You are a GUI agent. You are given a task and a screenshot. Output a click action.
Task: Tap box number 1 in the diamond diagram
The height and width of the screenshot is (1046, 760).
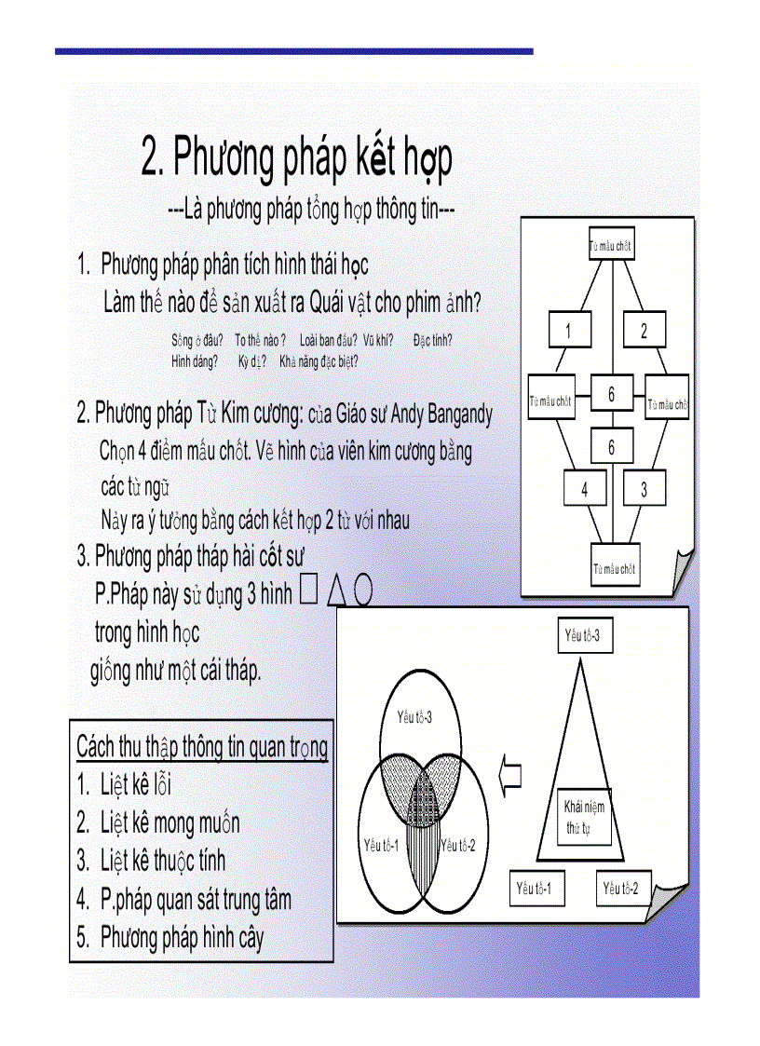click(569, 330)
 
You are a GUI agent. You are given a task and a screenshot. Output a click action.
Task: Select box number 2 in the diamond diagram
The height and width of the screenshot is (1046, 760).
click(644, 330)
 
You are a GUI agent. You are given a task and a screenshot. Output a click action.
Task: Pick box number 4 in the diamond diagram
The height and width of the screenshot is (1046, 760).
click(585, 490)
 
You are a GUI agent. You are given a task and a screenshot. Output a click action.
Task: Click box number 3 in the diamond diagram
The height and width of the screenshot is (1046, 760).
click(644, 490)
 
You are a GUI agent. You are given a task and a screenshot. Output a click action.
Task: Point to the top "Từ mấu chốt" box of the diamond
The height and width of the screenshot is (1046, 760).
click(611, 247)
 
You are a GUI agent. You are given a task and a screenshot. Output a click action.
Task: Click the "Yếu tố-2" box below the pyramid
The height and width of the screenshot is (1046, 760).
click(620, 889)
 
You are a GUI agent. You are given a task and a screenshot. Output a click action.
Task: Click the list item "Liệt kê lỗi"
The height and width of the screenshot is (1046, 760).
click(136, 785)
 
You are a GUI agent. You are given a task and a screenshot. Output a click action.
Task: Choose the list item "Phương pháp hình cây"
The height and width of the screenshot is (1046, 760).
click(182, 937)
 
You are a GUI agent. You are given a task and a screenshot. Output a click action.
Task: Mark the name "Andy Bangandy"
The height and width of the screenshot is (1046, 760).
click(441, 413)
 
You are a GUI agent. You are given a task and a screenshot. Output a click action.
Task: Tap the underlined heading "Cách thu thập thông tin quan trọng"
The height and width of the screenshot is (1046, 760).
click(201, 747)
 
